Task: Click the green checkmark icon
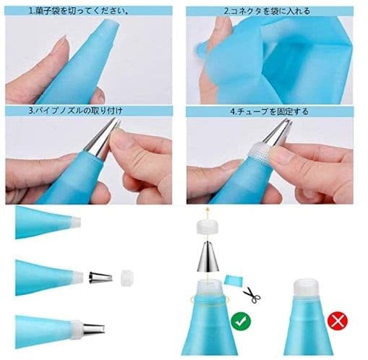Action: coord(241,321)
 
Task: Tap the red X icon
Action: coord(338,321)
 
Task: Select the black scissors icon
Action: coord(252,295)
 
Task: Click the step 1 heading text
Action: coord(79,11)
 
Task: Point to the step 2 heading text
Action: coord(267,11)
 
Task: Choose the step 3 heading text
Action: coord(76,111)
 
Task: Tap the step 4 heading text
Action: coord(269,111)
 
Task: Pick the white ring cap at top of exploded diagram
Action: coord(207,227)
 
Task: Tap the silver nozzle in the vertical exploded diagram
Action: coord(207,257)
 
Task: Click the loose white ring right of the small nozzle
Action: coord(127,278)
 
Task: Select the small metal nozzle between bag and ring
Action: coord(100,278)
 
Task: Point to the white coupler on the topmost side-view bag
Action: coord(76,222)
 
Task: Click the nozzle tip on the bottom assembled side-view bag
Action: coord(94,329)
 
